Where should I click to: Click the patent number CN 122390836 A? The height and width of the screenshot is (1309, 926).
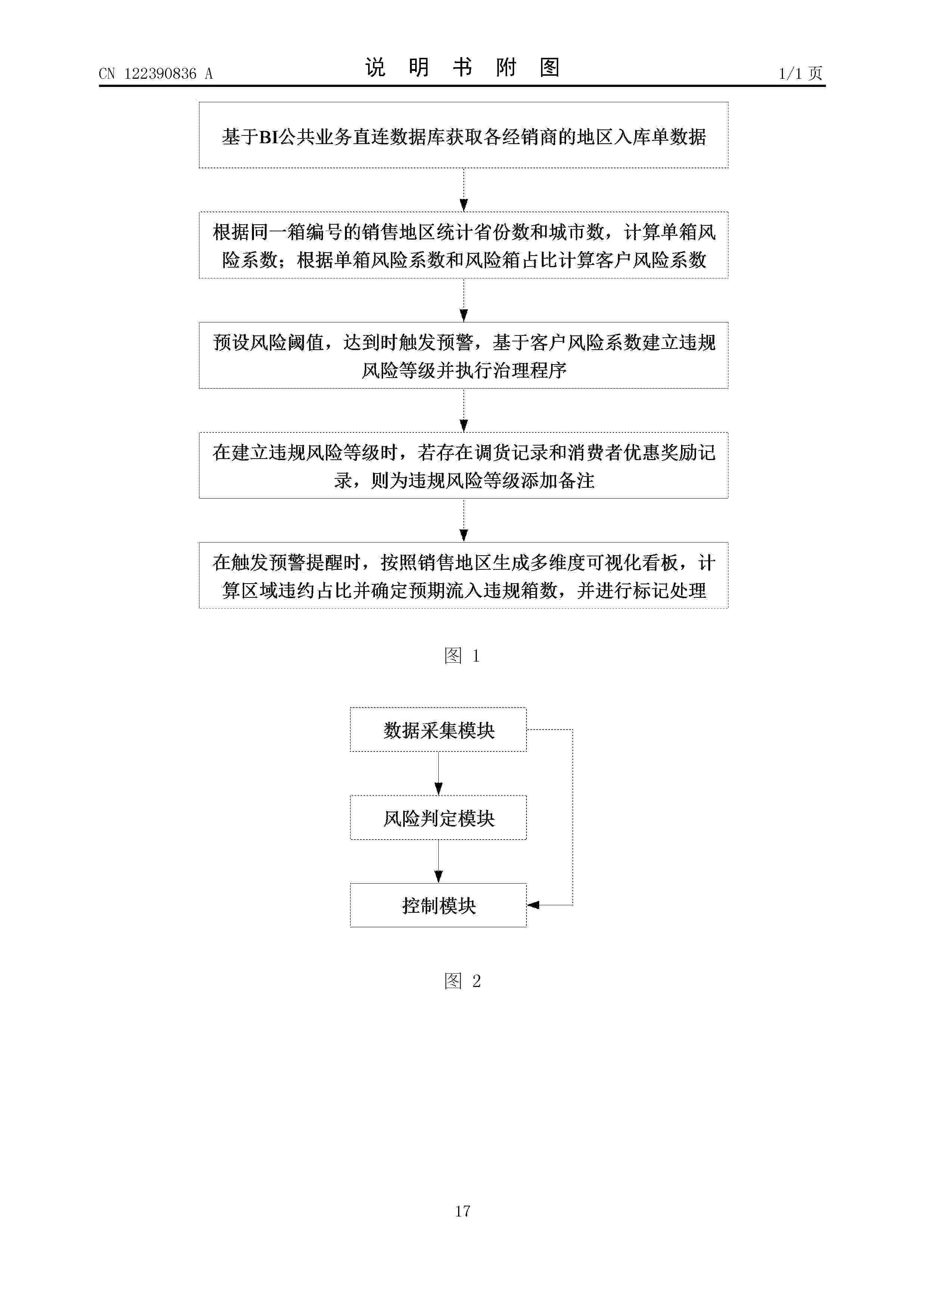point(156,74)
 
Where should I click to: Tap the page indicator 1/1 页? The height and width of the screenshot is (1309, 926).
point(801,74)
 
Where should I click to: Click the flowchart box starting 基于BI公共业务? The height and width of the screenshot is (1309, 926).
point(463,135)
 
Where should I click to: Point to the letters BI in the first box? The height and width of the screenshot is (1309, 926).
point(269,137)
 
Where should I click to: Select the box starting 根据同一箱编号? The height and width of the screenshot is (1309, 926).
point(463,245)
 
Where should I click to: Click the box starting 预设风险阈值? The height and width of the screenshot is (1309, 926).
point(463,355)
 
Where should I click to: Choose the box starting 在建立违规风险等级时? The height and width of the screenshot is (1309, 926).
point(463,465)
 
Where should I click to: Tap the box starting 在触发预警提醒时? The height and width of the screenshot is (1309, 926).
point(463,575)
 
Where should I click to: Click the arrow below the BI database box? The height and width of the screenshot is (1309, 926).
point(463,190)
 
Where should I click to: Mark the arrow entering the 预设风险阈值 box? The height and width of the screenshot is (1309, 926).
point(463,300)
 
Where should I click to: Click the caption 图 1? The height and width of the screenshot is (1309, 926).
point(462,656)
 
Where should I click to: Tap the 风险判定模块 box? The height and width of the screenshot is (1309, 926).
point(438,818)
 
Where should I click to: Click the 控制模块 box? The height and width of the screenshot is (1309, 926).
point(438,905)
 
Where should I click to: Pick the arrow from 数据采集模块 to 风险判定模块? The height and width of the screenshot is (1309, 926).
point(438,774)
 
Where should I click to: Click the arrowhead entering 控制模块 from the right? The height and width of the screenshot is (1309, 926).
point(533,905)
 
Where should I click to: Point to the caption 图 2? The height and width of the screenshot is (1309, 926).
point(462,981)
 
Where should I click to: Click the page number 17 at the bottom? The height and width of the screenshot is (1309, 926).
point(463,1210)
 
